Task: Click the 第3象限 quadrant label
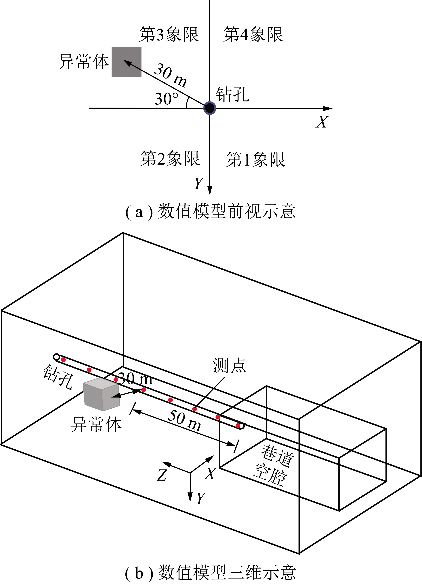[x=169, y=34]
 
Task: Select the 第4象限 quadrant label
[x=253, y=34]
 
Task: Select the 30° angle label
[x=167, y=99]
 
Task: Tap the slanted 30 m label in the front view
[x=170, y=75]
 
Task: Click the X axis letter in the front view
[x=322, y=122]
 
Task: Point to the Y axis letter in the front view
[x=199, y=183]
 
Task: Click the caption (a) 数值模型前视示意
[x=210, y=211]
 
